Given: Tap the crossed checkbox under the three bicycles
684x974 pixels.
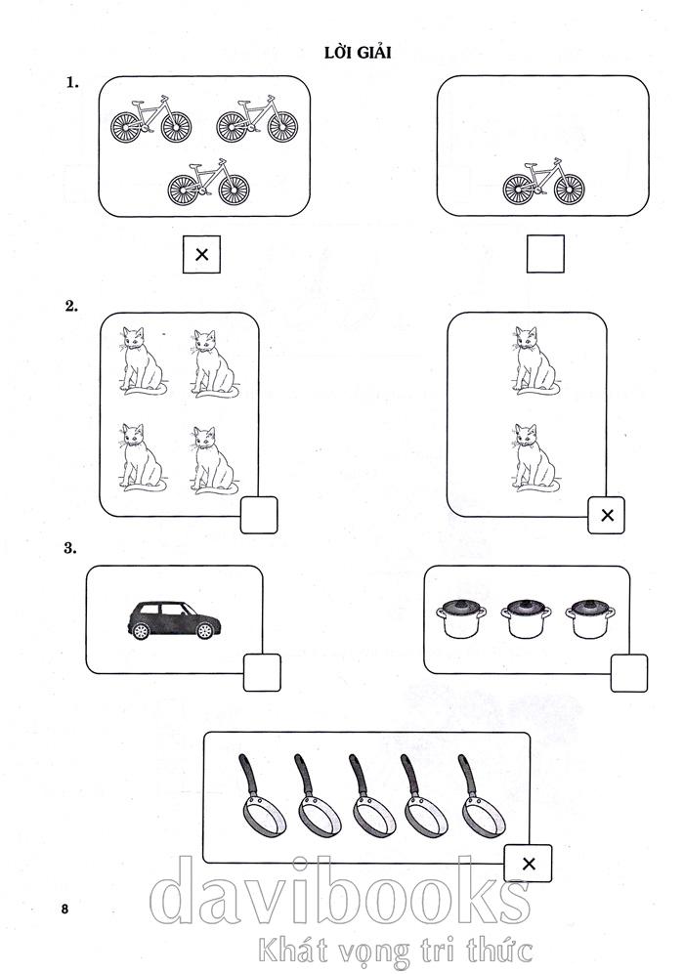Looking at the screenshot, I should pyautogui.click(x=201, y=255).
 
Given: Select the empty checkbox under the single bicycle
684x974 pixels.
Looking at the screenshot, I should pyautogui.click(x=545, y=255).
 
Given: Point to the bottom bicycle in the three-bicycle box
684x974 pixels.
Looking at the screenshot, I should pyautogui.click(x=207, y=183).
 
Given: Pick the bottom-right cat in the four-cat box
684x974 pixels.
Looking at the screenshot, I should pyautogui.click(x=212, y=458).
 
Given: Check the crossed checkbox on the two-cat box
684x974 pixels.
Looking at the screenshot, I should pyautogui.click(x=606, y=515).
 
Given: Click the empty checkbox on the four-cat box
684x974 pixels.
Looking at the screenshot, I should pyautogui.click(x=259, y=515).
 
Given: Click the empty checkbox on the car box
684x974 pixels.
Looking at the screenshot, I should pyautogui.click(x=261, y=673).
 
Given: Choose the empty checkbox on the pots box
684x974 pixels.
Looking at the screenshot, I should pyautogui.click(x=628, y=673).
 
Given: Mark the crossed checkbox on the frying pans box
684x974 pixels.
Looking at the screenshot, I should pyautogui.click(x=528, y=863).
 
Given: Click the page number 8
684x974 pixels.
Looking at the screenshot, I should pyautogui.click(x=64, y=910).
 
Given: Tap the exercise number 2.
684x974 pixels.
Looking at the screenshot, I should pyautogui.click(x=70, y=306).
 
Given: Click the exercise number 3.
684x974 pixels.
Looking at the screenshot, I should pyautogui.click(x=70, y=548).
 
